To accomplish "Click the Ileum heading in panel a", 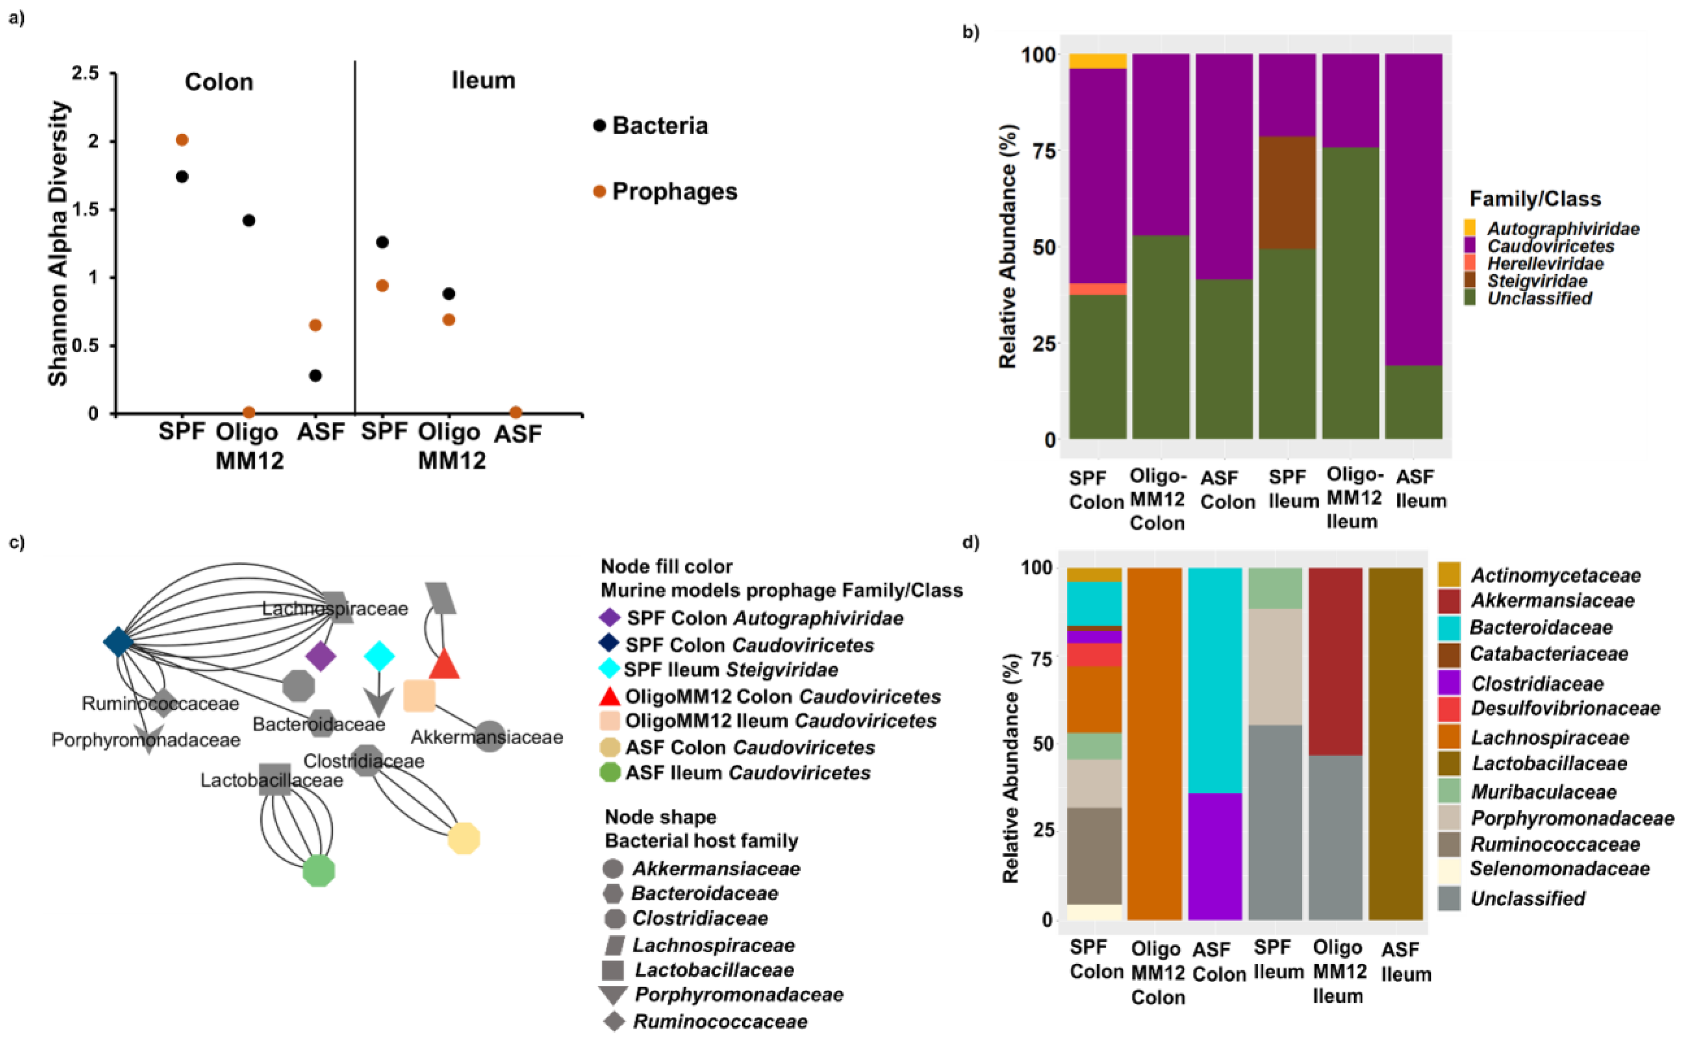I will pyautogui.click(x=483, y=81).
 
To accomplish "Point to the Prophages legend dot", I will pyautogui.click(x=599, y=192).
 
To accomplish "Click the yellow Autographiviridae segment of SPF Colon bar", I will pyautogui.click(x=1098, y=61).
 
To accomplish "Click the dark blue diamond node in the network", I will pyautogui.click(x=118, y=642).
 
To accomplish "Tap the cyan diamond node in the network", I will pyautogui.click(x=379, y=655).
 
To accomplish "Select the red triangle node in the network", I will pyautogui.click(x=444, y=665).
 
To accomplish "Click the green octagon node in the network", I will pyautogui.click(x=319, y=870).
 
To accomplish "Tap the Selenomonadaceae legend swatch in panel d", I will pyautogui.click(x=1449, y=869).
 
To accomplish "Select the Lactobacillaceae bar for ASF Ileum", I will pyautogui.click(x=1395, y=744).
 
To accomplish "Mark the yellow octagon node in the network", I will pyautogui.click(x=464, y=838).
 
